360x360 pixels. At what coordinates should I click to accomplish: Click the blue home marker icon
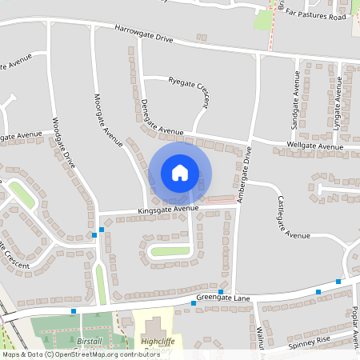[180, 172]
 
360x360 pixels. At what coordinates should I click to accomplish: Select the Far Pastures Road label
[318, 16]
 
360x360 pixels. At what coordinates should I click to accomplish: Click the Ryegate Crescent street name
[189, 91]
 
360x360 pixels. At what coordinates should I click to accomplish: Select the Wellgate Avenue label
[314, 146]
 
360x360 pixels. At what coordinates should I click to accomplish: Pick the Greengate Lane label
[223, 298]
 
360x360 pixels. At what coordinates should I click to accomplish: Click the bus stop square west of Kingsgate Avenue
[102, 230]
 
